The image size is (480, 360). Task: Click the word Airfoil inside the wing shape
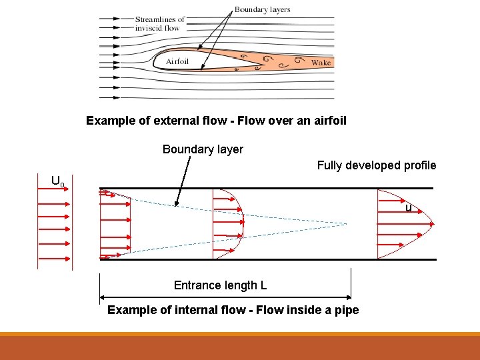pos(177,61)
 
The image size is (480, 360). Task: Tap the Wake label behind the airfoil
pos(321,63)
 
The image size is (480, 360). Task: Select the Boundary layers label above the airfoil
pos(261,10)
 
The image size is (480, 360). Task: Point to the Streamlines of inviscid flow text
pos(159,23)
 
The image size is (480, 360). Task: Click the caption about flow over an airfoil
pos(216,121)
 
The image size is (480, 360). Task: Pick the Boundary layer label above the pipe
pos(203,149)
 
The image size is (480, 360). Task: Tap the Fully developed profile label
pos(376,165)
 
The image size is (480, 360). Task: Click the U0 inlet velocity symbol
pos(58,181)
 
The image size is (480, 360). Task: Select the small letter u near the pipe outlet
pos(409,209)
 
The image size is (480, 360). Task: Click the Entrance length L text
pos(220,285)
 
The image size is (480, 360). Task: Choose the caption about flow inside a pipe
pos(233,310)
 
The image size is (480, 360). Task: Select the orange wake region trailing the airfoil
pos(293,62)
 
